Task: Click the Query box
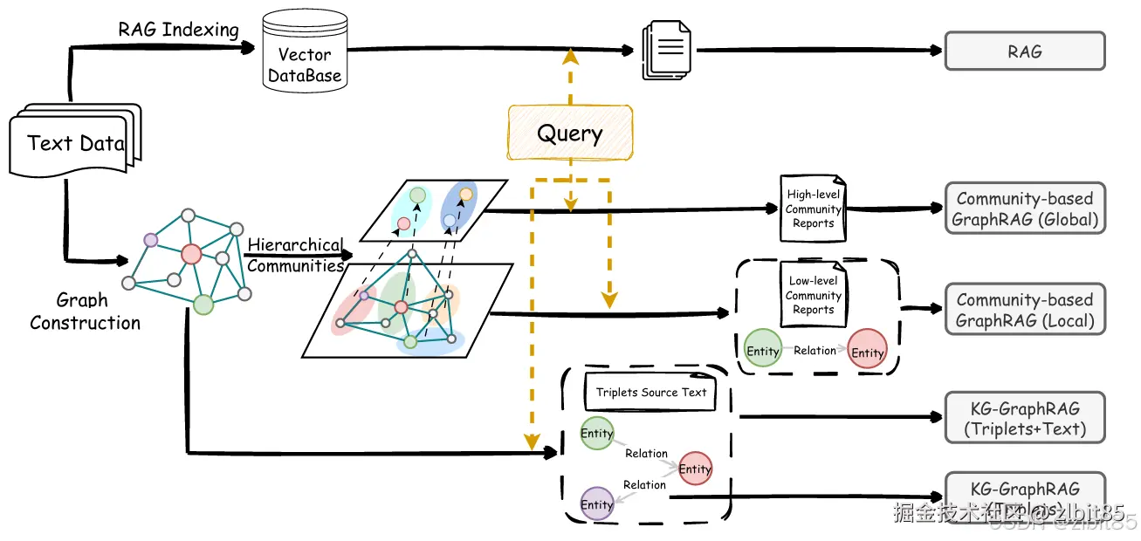click(x=570, y=133)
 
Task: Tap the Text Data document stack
click(x=75, y=142)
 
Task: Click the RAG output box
click(x=1025, y=51)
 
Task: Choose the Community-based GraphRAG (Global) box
click(x=1025, y=209)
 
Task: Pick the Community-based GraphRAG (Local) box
click(x=1025, y=310)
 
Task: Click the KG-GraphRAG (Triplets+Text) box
click(x=1025, y=418)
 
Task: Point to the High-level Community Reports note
click(x=814, y=209)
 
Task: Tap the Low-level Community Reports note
click(x=814, y=295)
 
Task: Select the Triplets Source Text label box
click(x=651, y=393)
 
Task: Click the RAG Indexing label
click(x=178, y=30)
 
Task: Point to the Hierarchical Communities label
click(x=295, y=256)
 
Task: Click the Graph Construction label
click(x=85, y=312)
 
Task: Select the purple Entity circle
click(x=597, y=503)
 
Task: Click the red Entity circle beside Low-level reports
click(x=867, y=351)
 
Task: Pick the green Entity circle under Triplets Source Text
click(x=597, y=434)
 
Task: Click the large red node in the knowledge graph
click(x=191, y=254)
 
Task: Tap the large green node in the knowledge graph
click(x=203, y=305)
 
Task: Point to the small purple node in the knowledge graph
click(x=150, y=239)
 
